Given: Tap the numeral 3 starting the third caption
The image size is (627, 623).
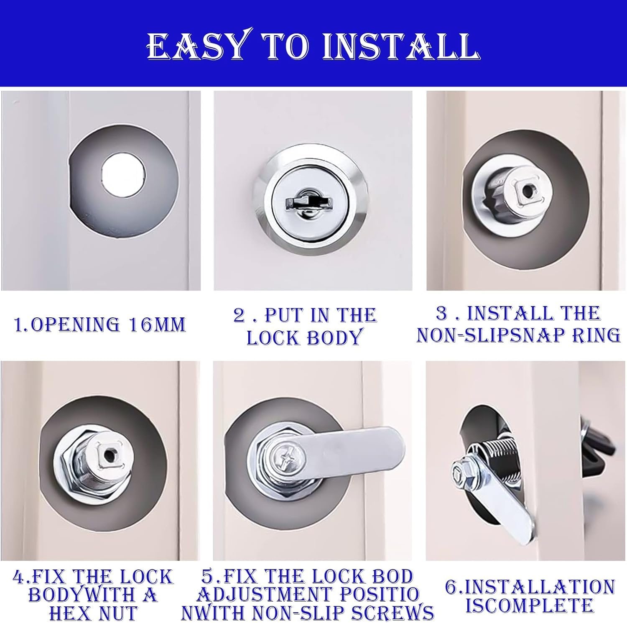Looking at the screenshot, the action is tap(441, 313).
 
